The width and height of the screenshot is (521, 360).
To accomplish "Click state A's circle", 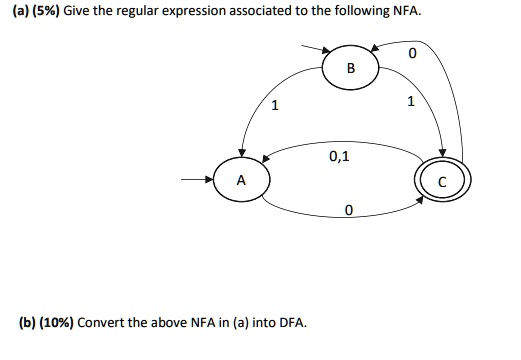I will (x=240, y=181).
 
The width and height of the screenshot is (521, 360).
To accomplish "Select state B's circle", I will (x=350, y=68).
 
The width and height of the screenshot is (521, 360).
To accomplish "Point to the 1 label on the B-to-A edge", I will (x=275, y=106).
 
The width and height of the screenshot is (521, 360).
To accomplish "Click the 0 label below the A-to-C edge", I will (x=347, y=210).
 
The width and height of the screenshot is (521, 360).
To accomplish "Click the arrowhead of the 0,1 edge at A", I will (x=266, y=158).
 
